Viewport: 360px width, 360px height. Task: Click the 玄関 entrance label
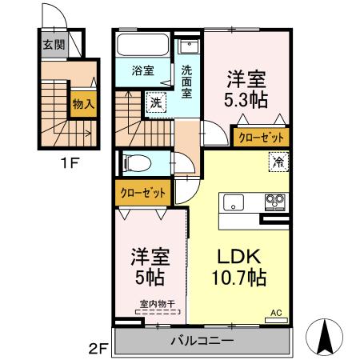pos(49,44)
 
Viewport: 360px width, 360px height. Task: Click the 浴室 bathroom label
pos(144,70)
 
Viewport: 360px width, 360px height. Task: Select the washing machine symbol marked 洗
pos(155,102)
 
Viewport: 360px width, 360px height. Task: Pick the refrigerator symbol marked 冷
pos(278,160)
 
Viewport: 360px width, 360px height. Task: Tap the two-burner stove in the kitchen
pos(275,200)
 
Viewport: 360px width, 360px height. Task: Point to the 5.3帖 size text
pos(245,101)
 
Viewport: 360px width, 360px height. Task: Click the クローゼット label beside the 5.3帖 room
pos(260,138)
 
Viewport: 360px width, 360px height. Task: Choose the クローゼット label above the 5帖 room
pos(144,193)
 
